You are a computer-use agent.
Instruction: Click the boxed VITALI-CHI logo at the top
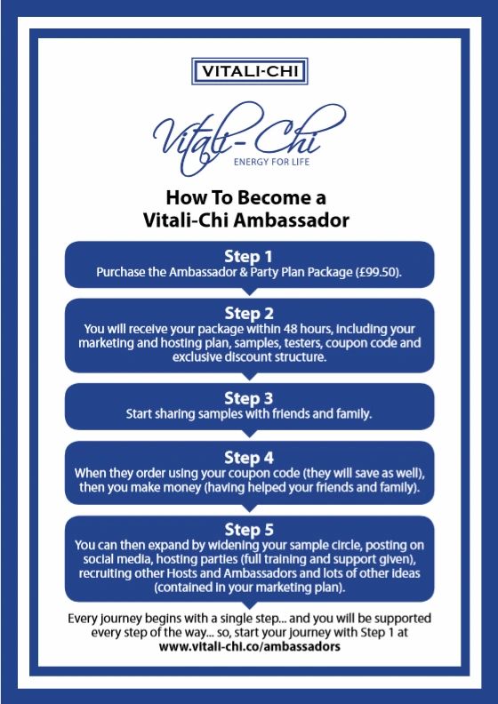pyautogui.click(x=249, y=71)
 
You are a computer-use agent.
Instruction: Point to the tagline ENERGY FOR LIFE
pyautogui.click(x=271, y=161)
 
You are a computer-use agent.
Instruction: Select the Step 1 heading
pyautogui.click(x=248, y=257)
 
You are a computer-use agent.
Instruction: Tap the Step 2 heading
pyautogui.click(x=249, y=314)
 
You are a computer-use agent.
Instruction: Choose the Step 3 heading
pyautogui.click(x=249, y=398)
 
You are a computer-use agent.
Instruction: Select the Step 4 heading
pyautogui.click(x=249, y=458)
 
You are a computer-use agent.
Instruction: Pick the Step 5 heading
pyautogui.click(x=249, y=530)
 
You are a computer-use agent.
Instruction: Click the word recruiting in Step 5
pyautogui.click(x=101, y=574)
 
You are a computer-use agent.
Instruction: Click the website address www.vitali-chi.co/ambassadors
pyautogui.click(x=249, y=646)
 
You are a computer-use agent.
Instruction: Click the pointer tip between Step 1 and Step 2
pyautogui.click(x=249, y=294)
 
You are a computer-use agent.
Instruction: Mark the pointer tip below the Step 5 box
pyautogui.click(x=249, y=608)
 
